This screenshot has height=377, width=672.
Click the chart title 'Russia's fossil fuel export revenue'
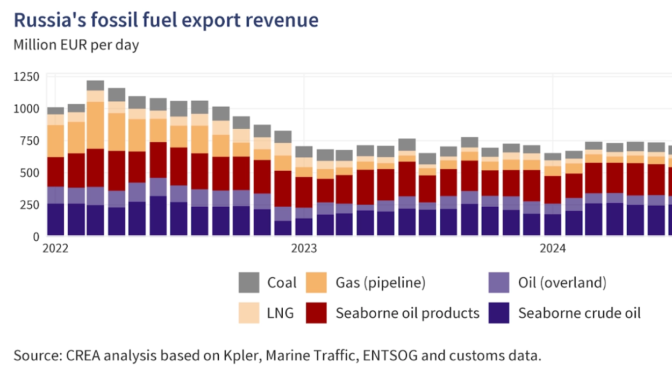(166, 20)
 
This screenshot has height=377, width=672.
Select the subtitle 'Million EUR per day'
(76, 45)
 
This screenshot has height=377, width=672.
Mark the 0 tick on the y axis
(36, 236)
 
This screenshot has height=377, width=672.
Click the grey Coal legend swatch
(249, 283)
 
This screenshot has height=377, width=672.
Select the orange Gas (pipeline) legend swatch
(316, 283)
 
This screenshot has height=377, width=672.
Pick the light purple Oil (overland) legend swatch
(499, 283)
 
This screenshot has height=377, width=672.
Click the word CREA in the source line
(84, 356)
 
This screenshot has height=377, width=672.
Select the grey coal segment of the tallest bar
(95, 85)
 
